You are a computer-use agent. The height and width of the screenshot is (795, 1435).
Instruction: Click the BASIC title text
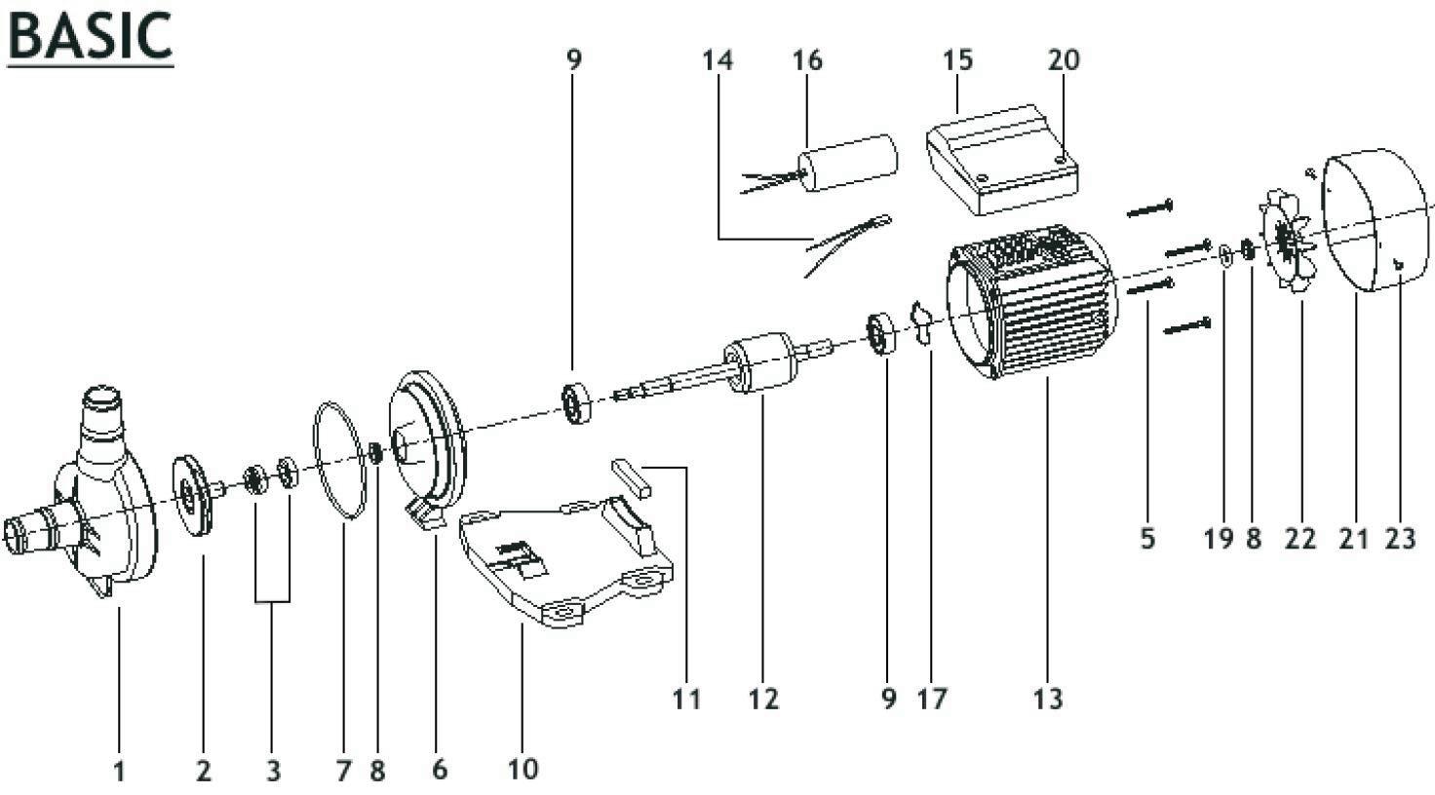tap(90, 36)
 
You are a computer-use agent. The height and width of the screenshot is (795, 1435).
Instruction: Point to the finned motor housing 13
tap(1032, 301)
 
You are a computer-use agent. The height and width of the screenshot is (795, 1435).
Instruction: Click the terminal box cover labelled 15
tap(1002, 160)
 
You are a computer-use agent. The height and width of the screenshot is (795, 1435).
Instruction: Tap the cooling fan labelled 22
tap(1287, 240)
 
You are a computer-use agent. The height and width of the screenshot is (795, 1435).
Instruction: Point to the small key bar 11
tap(632, 477)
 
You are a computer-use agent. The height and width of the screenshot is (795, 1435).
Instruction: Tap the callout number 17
tap(931, 699)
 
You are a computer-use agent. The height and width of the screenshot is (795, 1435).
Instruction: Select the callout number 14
tap(717, 60)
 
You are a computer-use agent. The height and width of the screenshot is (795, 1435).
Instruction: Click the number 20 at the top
tap(1065, 60)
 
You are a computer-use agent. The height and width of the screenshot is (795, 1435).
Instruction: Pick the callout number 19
tap(1218, 539)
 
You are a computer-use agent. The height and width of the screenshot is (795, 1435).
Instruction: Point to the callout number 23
tap(1400, 539)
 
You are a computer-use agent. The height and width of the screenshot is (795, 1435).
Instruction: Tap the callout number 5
tap(1147, 539)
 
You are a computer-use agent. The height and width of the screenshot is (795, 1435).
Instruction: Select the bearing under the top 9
tap(576, 402)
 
